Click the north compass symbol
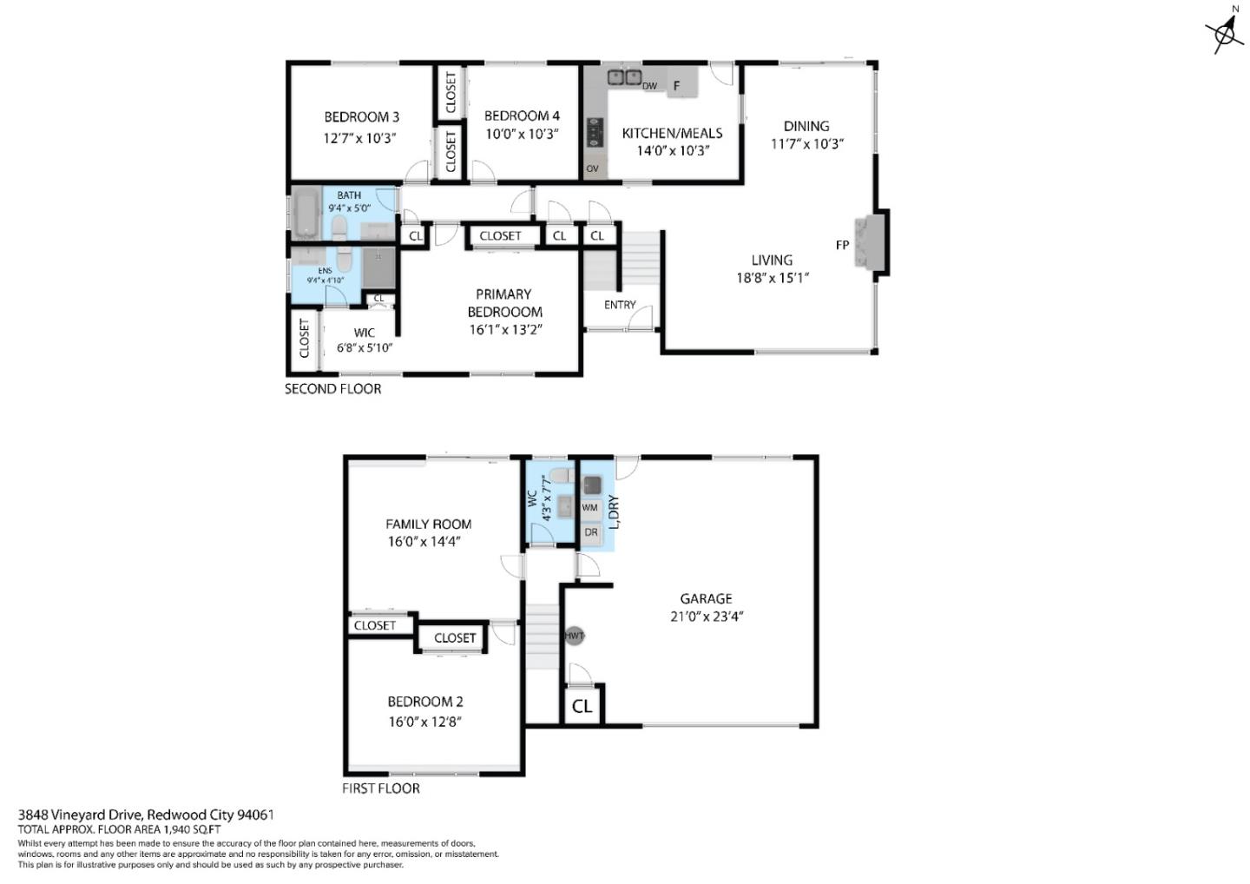coord(1224,32)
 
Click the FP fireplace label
coord(842,246)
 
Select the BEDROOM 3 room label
coord(361,117)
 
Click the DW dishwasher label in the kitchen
coord(649,86)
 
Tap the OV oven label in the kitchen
coord(592,168)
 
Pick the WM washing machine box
coord(590,507)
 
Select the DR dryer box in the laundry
coord(591,532)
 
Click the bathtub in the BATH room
coord(306,214)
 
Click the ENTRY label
coord(620,305)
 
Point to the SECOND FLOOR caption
coord(332,389)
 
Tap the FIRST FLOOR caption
coord(381,788)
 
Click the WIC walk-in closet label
coord(365,333)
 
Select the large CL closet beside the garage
coord(582,706)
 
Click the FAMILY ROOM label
coord(428,524)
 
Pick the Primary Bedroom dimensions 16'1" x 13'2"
coord(504,329)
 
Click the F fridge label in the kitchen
coord(677,86)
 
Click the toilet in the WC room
coord(561,476)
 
